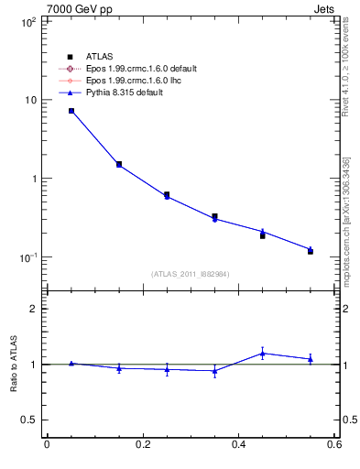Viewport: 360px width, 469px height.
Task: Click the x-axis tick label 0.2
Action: coord(142,445)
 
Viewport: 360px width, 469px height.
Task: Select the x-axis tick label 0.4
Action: coord(238,445)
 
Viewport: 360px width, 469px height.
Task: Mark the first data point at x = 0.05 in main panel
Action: coord(71,111)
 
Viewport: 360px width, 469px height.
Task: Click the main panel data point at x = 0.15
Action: coord(119,165)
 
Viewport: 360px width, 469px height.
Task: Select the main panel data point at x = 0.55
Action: coord(311,249)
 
